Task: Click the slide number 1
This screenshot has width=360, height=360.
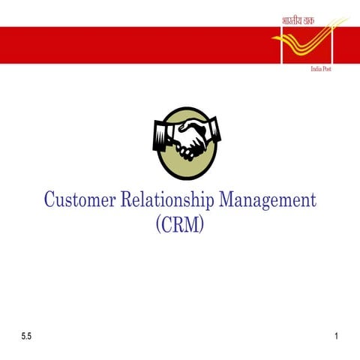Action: click(x=337, y=337)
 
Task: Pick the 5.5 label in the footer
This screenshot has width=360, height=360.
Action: click(x=27, y=337)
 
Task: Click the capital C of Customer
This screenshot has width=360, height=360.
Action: click(x=49, y=200)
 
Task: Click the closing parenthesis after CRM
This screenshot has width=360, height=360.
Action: click(x=201, y=223)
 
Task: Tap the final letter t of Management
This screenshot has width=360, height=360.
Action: click(x=313, y=201)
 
